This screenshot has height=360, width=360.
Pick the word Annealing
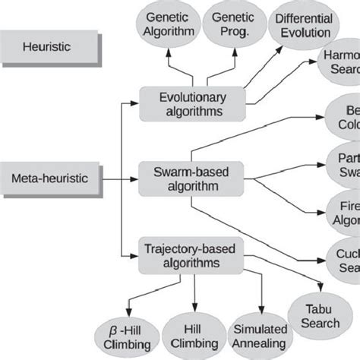pos(261,343)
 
